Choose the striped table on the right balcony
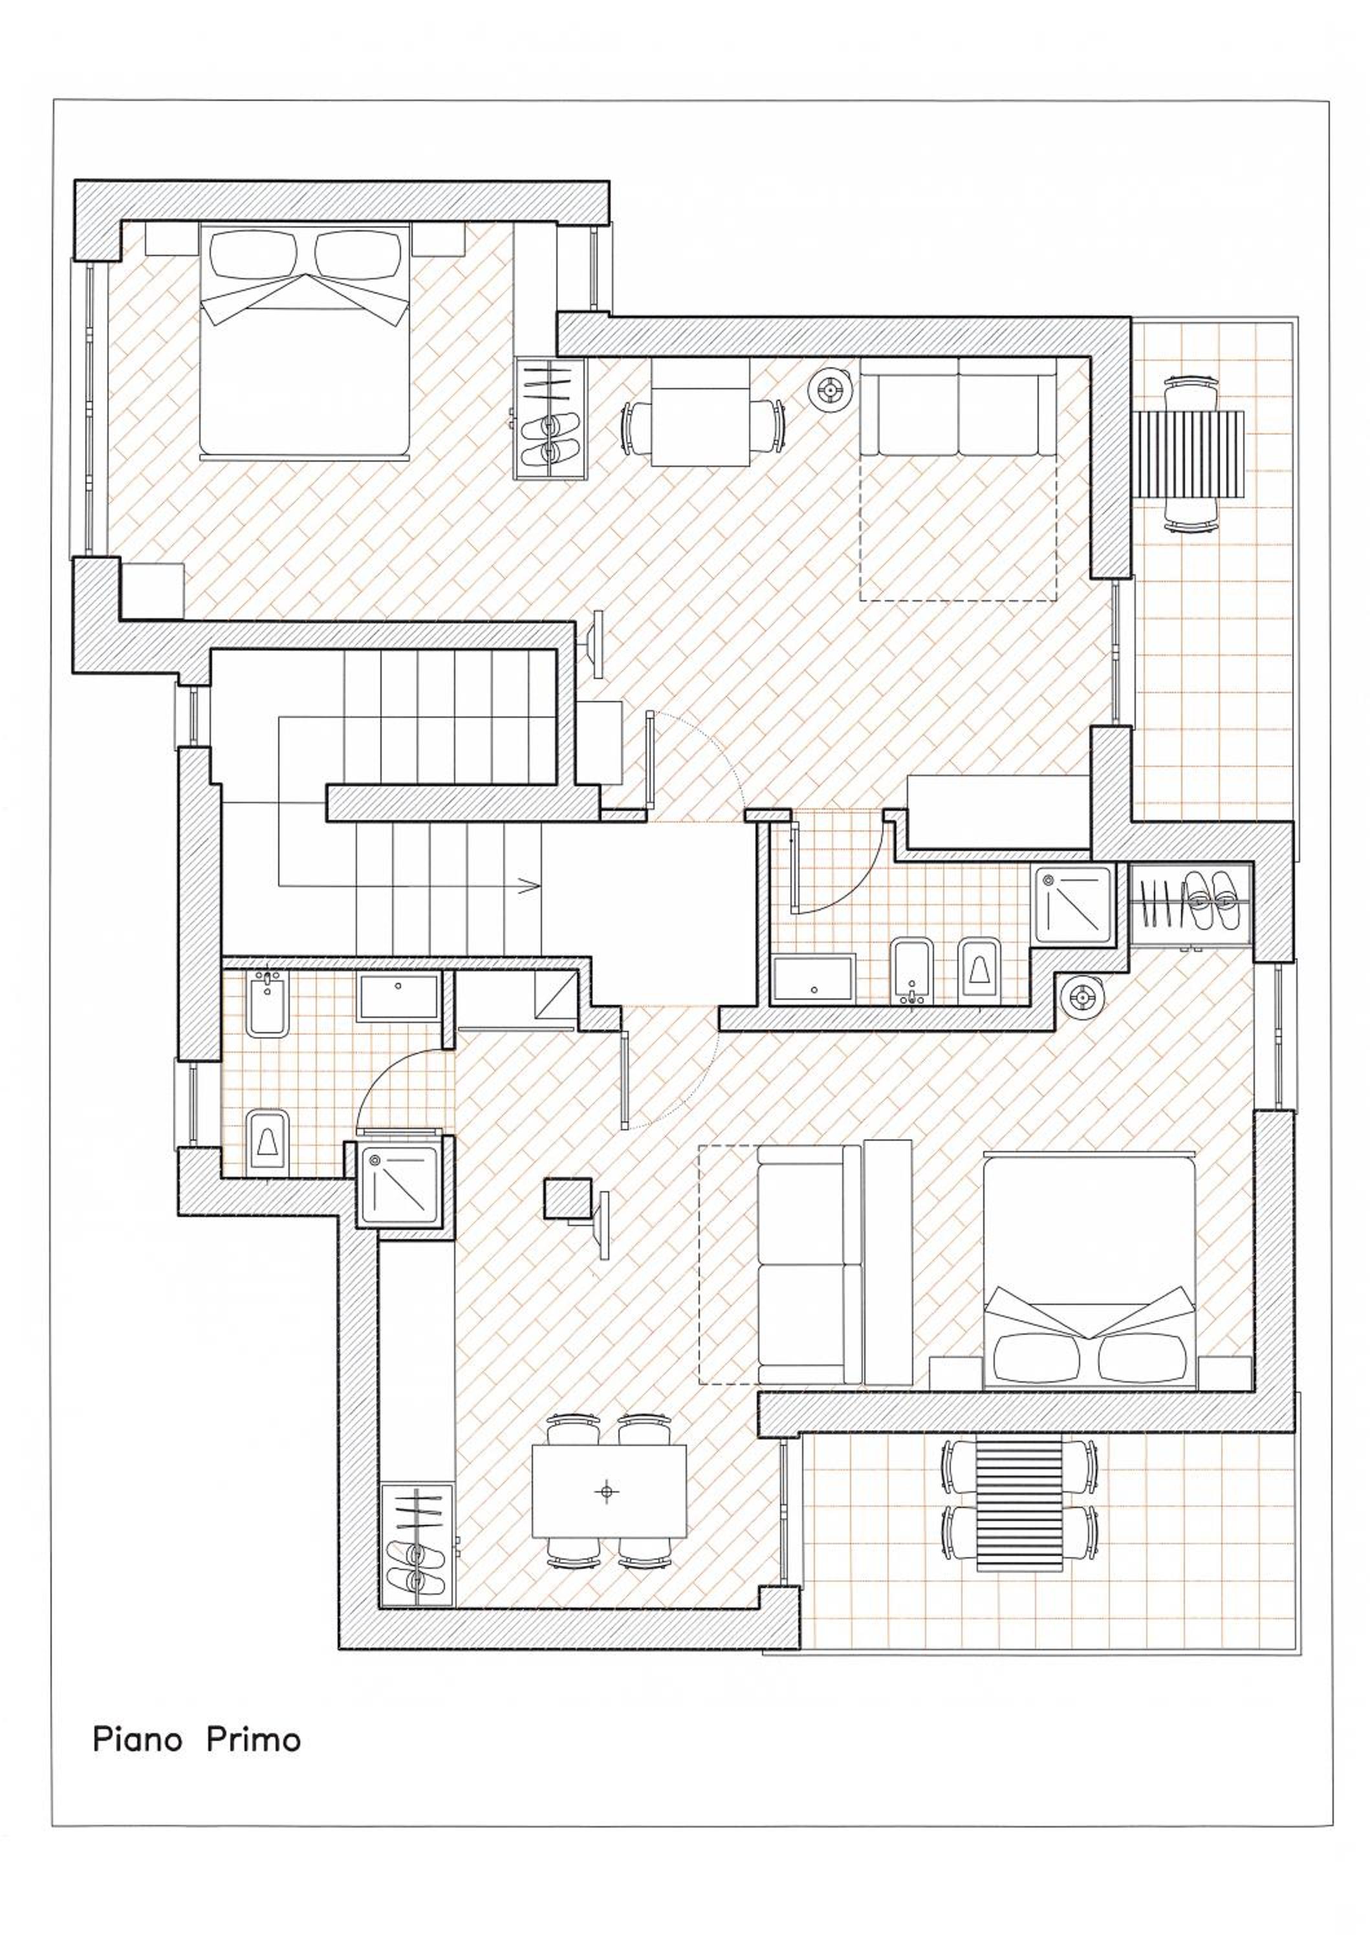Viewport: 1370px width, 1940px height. pyautogui.click(x=1190, y=455)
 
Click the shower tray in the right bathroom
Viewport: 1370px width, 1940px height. pyautogui.click(x=1073, y=905)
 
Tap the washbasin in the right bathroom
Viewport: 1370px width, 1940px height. pyautogui.click(x=814, y=978)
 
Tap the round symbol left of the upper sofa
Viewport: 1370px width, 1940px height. pyautogui.click(x=830, y=391)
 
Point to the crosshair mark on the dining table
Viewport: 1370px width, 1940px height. pyautogui.click(x=606, y=1492)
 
